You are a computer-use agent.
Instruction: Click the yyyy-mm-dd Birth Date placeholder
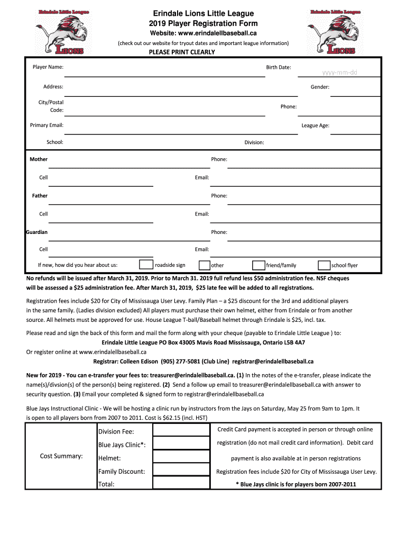[x=340, y=72]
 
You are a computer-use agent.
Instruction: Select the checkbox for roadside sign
[x=146, y=265]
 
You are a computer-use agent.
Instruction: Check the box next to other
[x=204, y=265]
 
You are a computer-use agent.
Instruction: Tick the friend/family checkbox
[x=258, y=265]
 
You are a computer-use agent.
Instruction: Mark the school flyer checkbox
[x=324, y=265]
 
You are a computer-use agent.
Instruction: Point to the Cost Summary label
[x=61, y=456]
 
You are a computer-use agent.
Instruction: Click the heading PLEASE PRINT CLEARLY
[x=182, y=52]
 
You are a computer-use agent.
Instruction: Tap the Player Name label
[x=48, y=67]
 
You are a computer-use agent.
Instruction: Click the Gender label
[x=320, y=87]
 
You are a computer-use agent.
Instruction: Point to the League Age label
[x=315, y=125]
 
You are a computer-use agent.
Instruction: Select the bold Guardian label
[x=37, y=232]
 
